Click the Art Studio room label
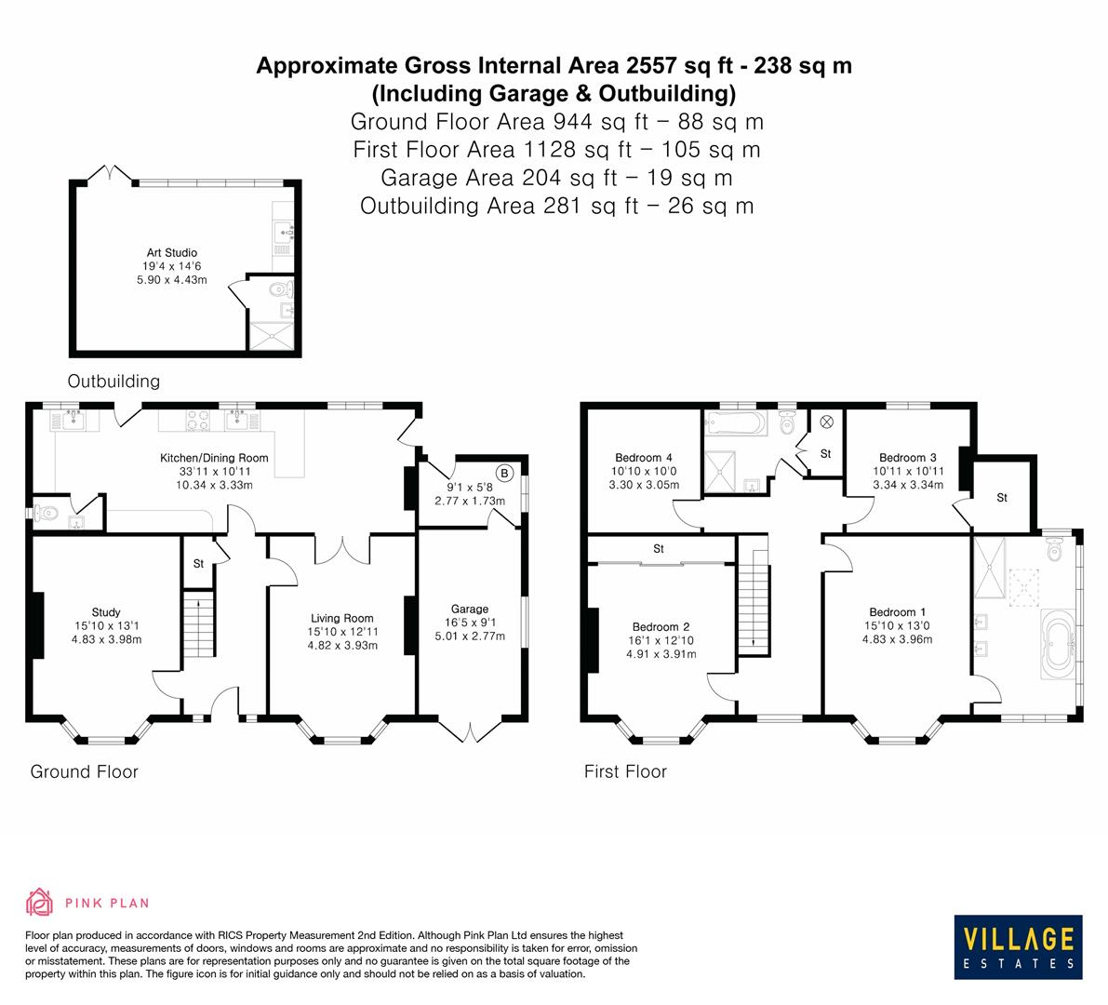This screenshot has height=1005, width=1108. (171, 252)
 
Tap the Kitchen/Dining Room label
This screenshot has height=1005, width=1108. (214, 458)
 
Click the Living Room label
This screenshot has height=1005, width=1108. (341, 618)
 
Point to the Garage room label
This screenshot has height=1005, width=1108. (469, 610)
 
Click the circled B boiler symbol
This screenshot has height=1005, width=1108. (503, 474)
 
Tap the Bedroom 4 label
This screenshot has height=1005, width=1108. (643, 458)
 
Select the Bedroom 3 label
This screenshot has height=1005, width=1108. (907, 458)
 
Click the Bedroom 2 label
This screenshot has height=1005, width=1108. (661, 626)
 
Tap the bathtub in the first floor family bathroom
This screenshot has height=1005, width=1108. (736, 425)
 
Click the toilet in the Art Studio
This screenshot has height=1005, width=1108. (280, 289)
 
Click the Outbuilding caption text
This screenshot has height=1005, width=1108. (113, 381)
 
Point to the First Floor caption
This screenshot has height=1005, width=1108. (625, 771)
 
